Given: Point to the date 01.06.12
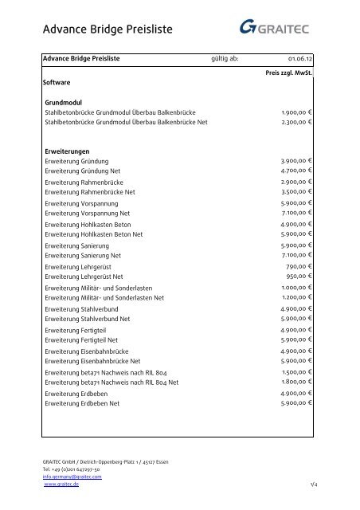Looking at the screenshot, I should tap(299, 58).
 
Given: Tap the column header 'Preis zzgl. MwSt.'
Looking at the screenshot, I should tap(288, 73).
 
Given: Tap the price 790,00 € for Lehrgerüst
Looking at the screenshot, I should tap(299, 267).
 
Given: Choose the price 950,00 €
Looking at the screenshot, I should tap(299, 277).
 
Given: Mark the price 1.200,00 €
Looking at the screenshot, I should tap(296, 298).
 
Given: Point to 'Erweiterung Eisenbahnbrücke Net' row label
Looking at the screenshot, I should tap(92, 362).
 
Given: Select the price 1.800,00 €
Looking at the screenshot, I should tap(296, 382).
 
